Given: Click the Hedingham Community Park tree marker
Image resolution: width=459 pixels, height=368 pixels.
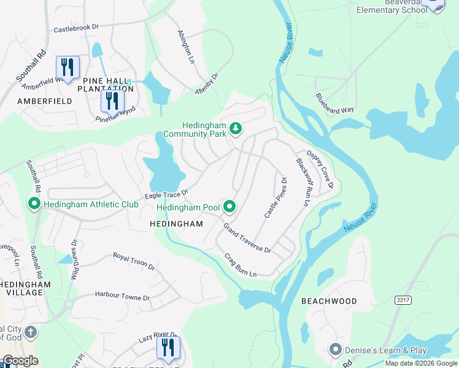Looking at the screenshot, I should (236, 129).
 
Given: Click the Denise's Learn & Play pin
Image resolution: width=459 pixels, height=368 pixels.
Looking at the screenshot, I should (334, 350).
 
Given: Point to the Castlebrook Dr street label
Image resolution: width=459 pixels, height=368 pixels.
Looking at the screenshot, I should (76, 28).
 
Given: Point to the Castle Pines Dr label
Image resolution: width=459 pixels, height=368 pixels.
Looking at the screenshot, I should (276, 197).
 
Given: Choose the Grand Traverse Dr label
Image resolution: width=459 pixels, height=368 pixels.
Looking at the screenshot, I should (247, 239).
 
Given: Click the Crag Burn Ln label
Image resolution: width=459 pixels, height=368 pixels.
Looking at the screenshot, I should (240, 265).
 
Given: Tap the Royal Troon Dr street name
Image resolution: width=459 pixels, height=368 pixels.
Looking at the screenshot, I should (134, 261).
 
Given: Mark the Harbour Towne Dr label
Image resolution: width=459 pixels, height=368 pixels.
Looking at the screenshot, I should (122, 296).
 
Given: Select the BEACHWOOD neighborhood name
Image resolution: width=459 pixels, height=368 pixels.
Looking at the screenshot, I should (329, 301).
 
